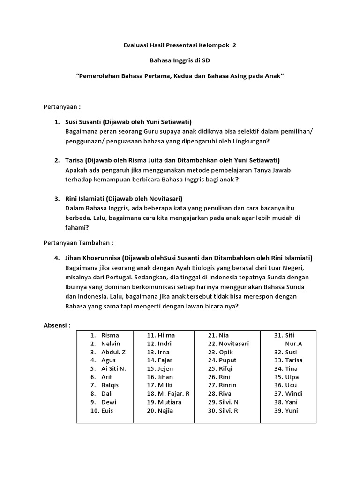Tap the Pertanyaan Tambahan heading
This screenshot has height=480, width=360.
pyautogui.click(x=78, y=243)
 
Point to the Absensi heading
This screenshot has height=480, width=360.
pyautogui.click(x=57, y=325)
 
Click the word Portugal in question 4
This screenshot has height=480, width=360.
pyautogui.click(x=105, y=277)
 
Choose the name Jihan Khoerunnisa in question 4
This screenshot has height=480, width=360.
pyautogui.click(x=93, y=258)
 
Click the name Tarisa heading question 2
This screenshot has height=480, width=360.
pyautogui.click(x=75, y=160)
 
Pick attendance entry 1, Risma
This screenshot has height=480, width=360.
pyautogui.click(x=110, y=335)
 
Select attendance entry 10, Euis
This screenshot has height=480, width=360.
pyautogui.click(x=107, y=411)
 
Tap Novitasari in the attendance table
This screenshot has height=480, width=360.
pyautogui.click(x=233, y=344)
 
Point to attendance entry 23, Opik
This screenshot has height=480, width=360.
pyautogui.click(x=226, y=352)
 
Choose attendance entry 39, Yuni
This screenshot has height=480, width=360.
pyautogui.click(x=291, y=411)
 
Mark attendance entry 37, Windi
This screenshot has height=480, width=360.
pyautogui.click(x=294, y=394)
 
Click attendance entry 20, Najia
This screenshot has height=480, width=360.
pyautogui.click(x=165, y=411)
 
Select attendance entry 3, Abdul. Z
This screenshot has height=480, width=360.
pyautogui.click(x=113, y=352)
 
